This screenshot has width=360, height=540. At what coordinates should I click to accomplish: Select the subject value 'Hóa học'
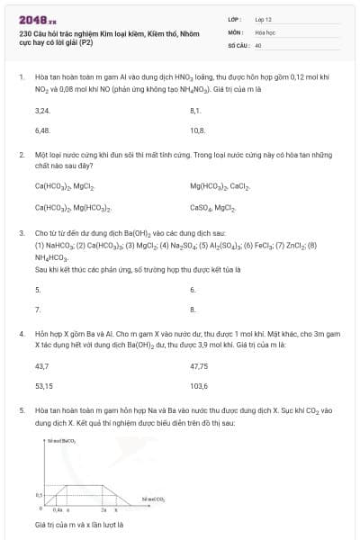[264, 31]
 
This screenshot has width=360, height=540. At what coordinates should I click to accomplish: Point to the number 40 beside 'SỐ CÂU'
[258, 44]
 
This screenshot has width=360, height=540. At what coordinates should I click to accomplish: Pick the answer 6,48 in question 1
[41, 130]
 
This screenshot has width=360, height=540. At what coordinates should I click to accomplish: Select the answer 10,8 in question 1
[198, 130]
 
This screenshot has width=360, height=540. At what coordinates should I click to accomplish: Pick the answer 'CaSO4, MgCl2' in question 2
[212, 208]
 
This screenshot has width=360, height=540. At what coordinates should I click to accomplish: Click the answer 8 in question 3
[193, 310]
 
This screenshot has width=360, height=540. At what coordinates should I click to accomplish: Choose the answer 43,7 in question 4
[41, 366]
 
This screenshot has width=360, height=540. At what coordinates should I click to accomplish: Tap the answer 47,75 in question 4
[200, 366]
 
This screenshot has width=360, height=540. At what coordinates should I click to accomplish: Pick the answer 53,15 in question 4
[43, 387]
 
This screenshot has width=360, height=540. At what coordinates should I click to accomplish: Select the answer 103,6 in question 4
[200, 387]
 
